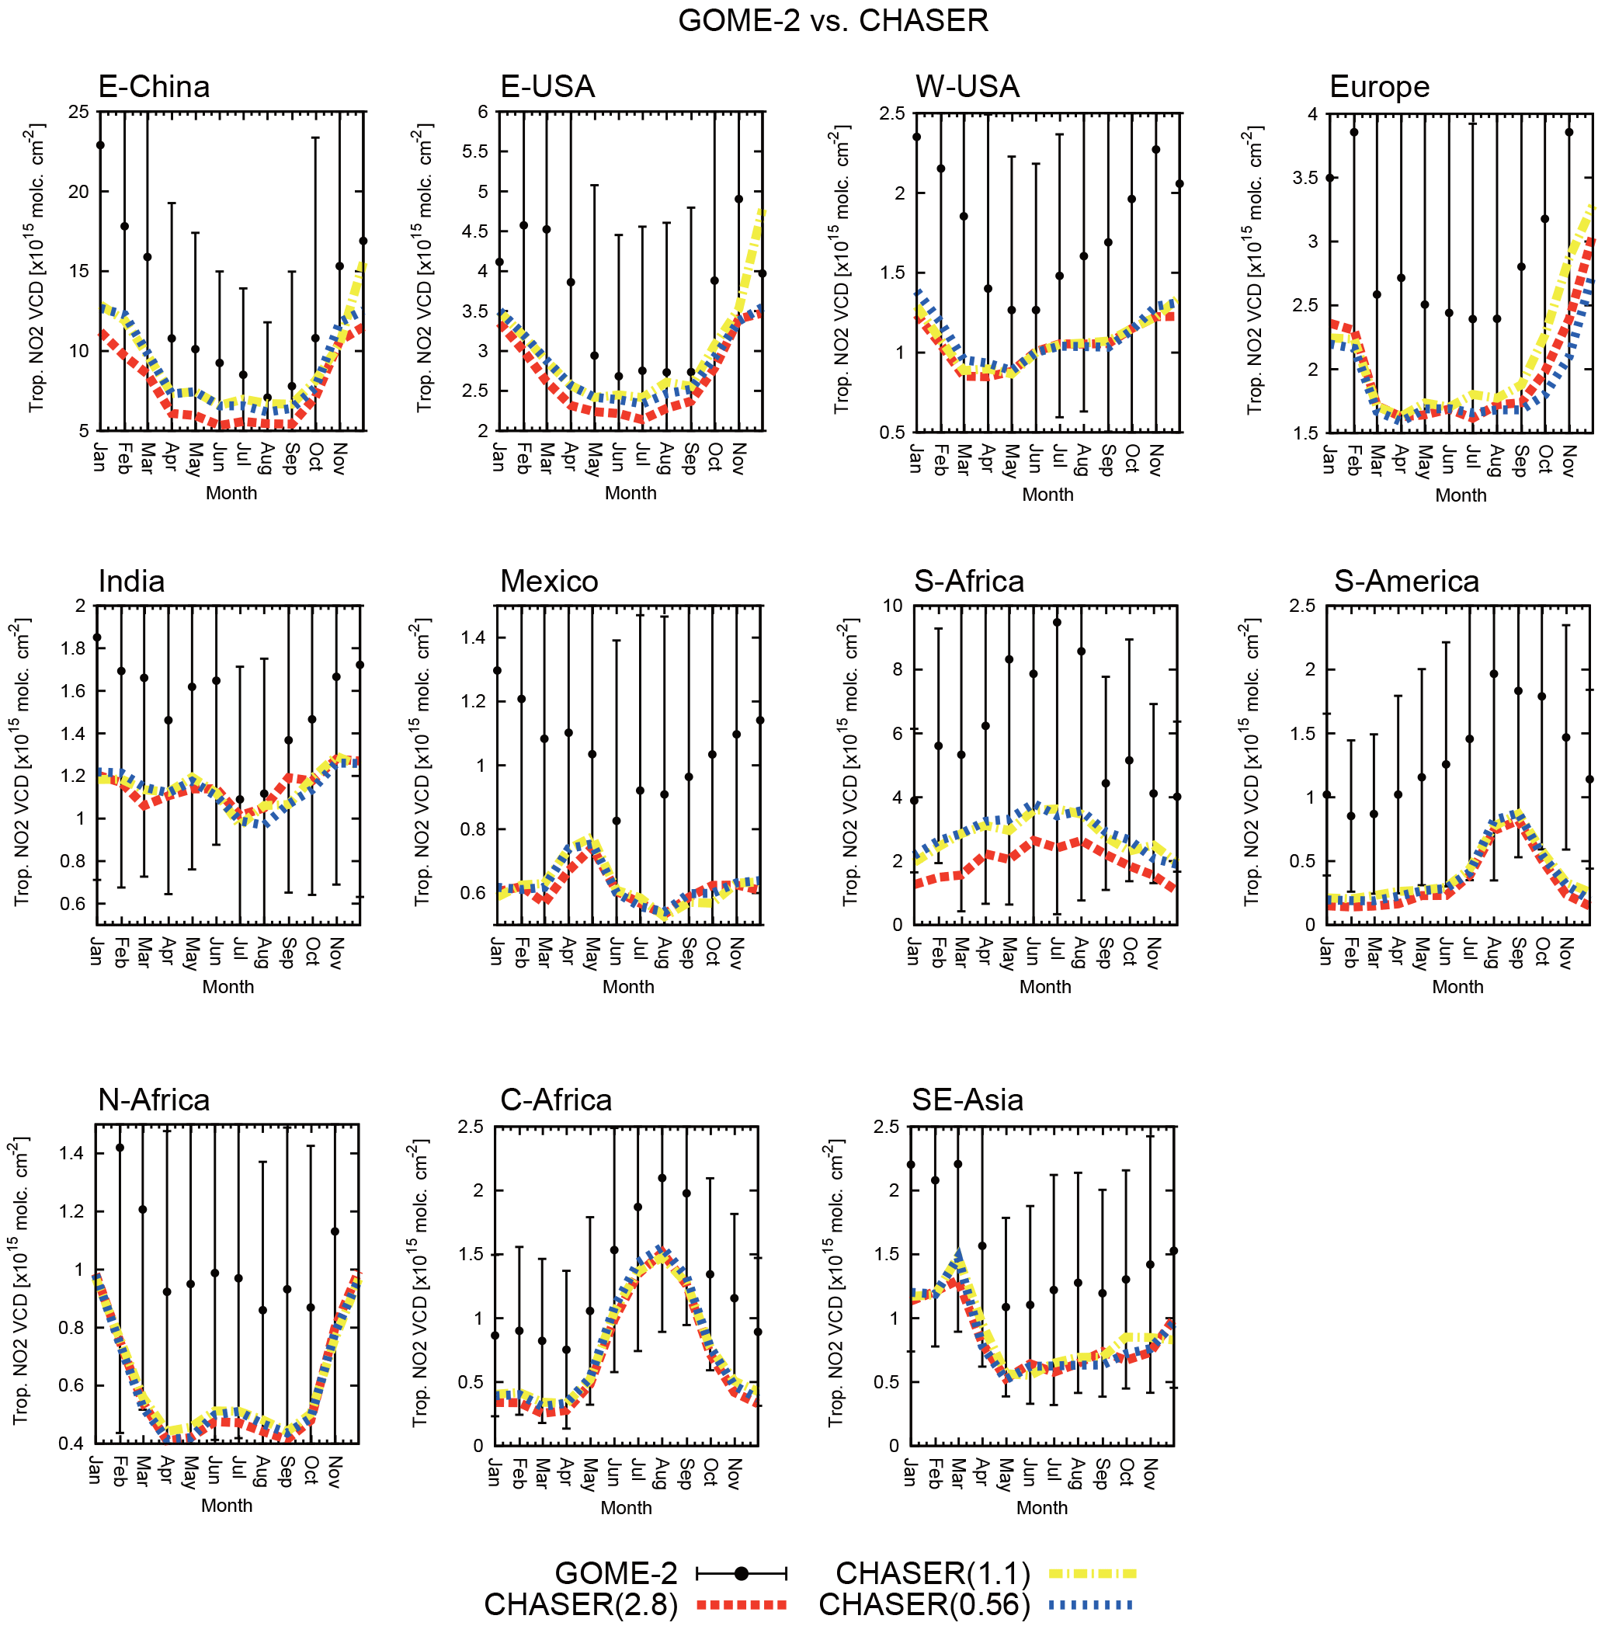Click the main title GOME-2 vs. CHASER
coord(832,20)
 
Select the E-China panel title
coord(153,87)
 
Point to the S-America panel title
coord(1405,582)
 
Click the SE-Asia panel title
coord(967,1100)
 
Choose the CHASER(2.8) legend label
coord(581,1605)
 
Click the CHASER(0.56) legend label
coord(923,1605)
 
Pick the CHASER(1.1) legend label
coord(932,1573)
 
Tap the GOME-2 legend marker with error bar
coord(742,1573)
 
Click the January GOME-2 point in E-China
coord(100,144)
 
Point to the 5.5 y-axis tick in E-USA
coord(476,151)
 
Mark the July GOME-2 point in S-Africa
coord(1057,623)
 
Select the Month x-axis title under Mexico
coord(628,986)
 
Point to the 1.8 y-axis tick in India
coord(74,648)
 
